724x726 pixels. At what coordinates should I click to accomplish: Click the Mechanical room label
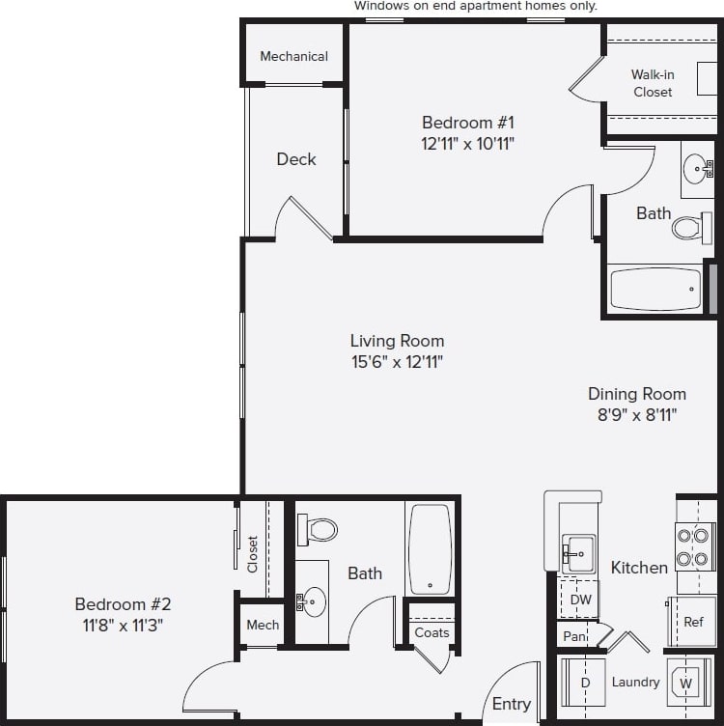(x=293, y=56)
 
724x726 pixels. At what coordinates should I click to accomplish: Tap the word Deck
(x=295, y=159)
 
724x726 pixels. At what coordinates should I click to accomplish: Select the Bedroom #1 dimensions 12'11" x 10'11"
(x=468, y=144)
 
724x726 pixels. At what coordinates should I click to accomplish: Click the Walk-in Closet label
(x=653, y=83)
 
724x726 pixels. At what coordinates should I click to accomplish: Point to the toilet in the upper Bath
(x=687, y=227)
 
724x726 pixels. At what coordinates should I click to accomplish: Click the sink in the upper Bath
(x=695, y=170)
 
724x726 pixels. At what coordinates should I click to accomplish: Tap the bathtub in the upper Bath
(x=656, y=288)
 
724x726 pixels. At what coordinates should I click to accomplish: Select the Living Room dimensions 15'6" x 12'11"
(x=397, y=362)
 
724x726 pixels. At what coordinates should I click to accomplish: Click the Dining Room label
(x=637, y=394)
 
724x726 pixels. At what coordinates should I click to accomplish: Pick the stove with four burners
(x=694, y=546)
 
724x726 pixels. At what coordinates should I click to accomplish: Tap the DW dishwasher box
(x=580, y=600)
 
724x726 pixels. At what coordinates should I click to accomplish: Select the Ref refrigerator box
(x=693, y=622)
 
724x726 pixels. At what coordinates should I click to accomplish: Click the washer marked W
(x=686, y=684)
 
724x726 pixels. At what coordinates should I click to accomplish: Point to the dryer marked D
(x=584, y=684)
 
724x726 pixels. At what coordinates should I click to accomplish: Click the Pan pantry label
(x=574, y=637)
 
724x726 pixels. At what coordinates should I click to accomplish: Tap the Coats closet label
(x=432, y=632)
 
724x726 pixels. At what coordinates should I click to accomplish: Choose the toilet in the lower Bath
(x=319, y=529)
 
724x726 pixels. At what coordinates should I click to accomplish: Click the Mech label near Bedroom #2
(x=263, y=625)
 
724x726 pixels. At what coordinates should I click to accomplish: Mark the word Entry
(x=511, y=704)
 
